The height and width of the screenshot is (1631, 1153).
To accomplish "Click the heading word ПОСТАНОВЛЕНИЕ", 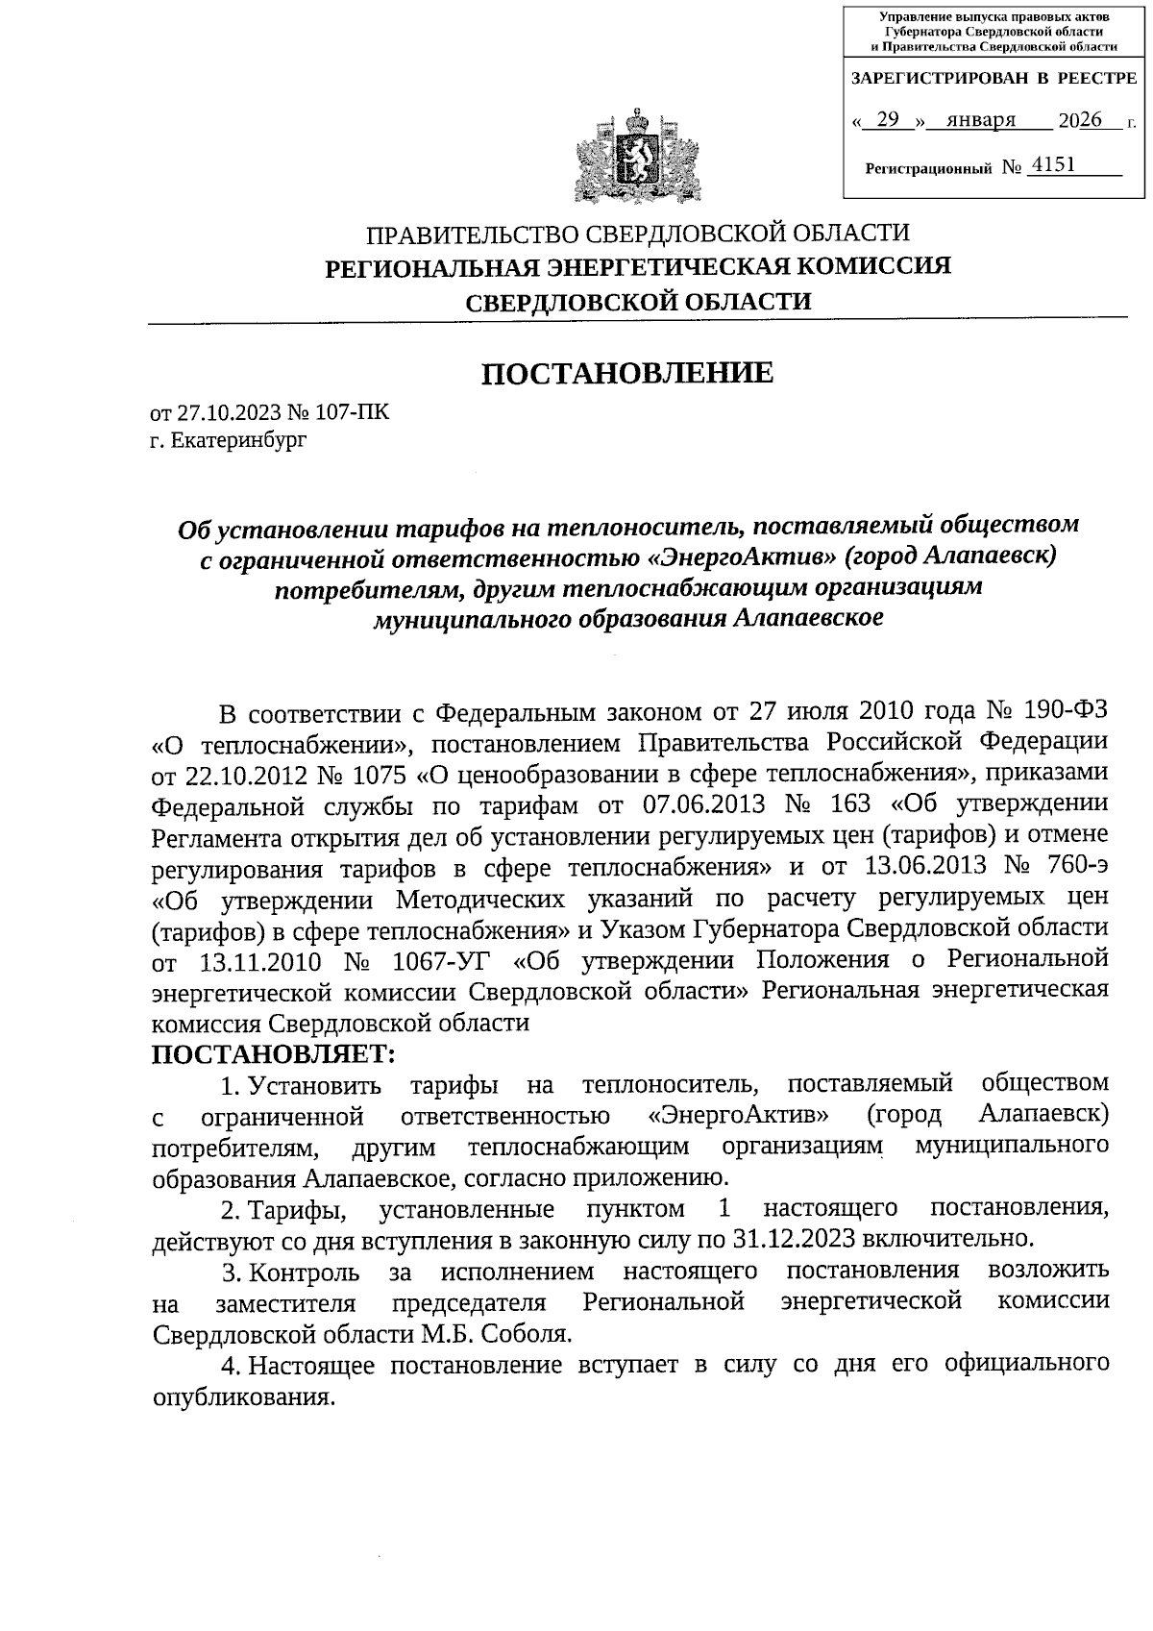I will coord(626,373).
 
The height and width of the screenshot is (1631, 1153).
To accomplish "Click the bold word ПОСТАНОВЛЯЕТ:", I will coord(274,1054).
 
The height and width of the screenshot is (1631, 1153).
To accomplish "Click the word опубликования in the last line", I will coord(243,1396).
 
